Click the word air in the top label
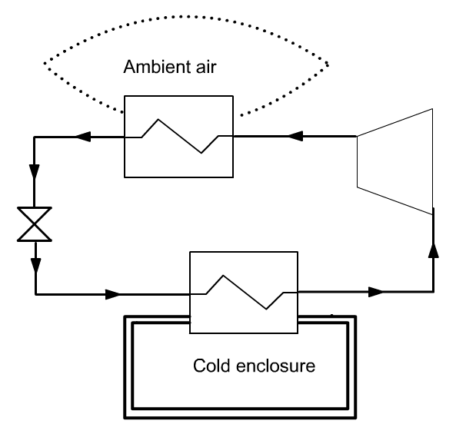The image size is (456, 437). coord(206,67)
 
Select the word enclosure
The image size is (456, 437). coord(276,366)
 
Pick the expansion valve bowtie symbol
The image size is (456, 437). coord(35,224)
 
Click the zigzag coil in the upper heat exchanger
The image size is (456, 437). coord(179,136)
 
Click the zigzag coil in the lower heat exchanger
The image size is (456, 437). coord(245,292)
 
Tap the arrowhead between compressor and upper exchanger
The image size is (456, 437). coord(295,136)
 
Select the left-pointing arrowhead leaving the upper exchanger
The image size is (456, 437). coord(84,137)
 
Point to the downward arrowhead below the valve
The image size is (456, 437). coord(36,266)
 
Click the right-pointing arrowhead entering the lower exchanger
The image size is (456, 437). coord(113,294)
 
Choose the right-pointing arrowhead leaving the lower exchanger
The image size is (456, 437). coord(376,292)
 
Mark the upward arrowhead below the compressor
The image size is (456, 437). coord(434,250)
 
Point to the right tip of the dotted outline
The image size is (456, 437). coord(328,65)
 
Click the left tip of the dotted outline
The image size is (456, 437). coord(45,63)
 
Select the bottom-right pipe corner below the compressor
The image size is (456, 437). coord(434,292)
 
